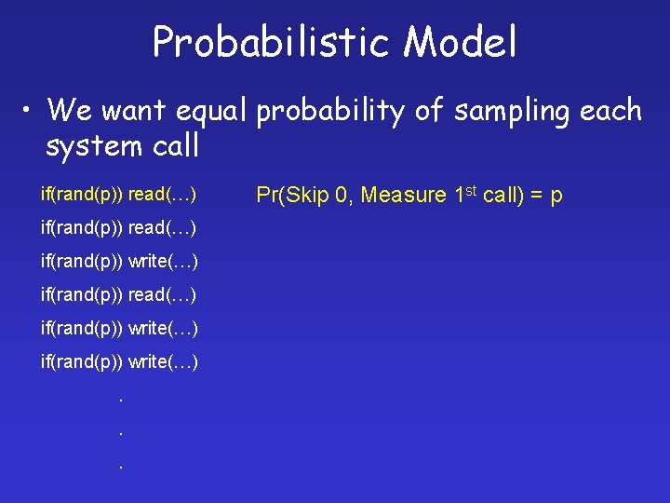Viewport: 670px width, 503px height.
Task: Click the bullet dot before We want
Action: [30, 112]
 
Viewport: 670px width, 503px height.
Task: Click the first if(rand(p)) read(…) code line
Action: [118, 195]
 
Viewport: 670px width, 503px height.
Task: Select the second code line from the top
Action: [118, 228]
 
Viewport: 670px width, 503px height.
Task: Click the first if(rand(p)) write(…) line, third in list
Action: [119, 261]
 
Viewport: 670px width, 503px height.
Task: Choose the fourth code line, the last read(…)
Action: [118, 294]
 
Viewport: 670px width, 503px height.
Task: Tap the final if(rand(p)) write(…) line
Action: [119, 360]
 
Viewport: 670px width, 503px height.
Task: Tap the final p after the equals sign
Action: [556, 197]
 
